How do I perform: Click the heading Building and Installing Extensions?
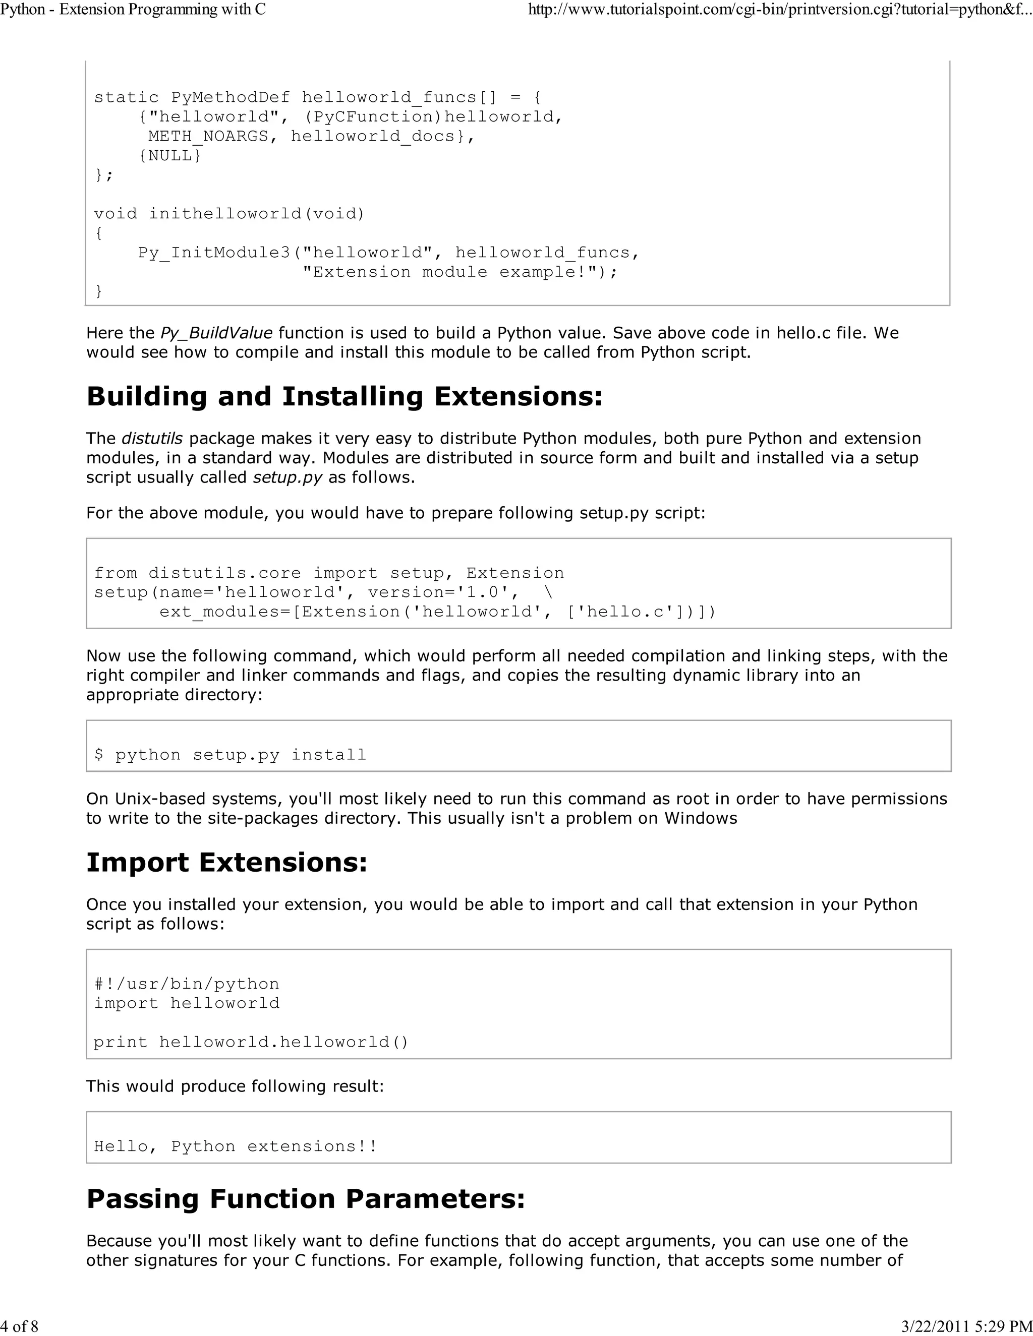tap(345, 396)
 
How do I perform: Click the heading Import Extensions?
tap(226, 863)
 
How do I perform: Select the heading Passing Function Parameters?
tap(305, 1199)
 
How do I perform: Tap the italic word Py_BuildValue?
tap(216, 333)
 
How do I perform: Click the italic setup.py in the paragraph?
tap(287, 478)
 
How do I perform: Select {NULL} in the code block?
tap(170, 155)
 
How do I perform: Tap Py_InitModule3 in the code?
tap(215, 253)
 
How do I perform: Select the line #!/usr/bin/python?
tap(187, 984)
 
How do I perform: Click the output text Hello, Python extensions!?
tap(236, 1146)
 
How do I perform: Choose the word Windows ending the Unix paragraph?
tap(701, 818)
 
